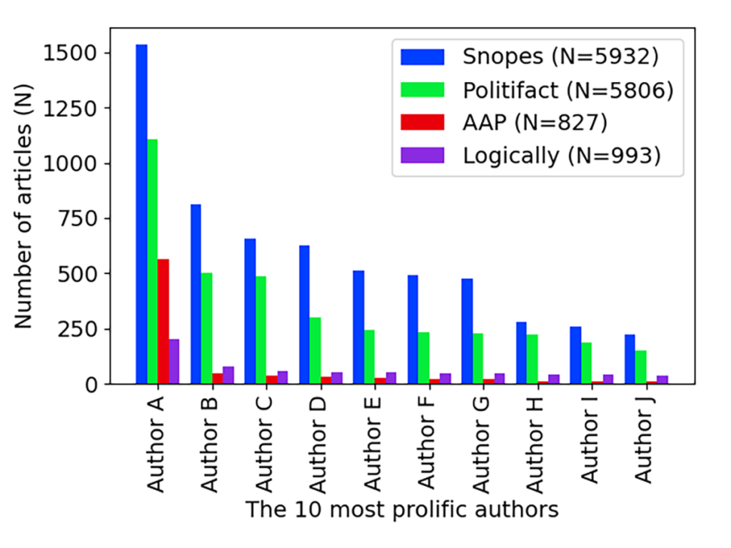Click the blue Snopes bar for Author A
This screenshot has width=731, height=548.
141,214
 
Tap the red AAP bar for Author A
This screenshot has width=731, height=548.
163,321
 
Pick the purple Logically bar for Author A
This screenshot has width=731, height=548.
174,361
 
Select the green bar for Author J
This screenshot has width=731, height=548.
640,367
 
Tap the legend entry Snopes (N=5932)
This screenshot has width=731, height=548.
559,56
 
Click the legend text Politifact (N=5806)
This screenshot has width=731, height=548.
568,89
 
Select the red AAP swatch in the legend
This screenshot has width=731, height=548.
423,122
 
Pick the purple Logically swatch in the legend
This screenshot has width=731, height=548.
423,155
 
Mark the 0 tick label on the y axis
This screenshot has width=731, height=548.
94,385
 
